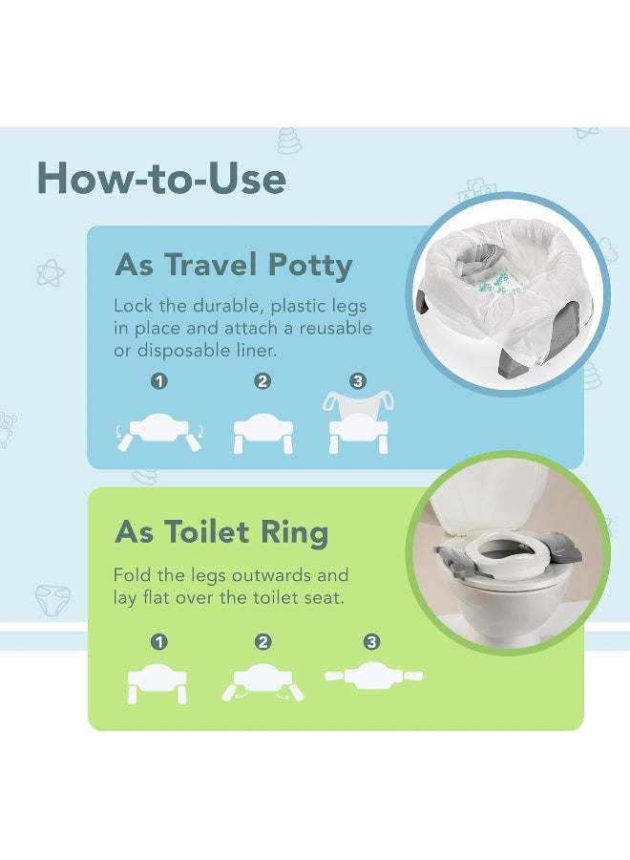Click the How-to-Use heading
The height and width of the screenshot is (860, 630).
(161, 179)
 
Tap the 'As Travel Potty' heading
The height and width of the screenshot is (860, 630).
(234, 265)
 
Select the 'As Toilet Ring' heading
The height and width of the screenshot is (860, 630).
(221, 531)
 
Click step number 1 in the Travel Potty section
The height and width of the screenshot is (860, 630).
(159, 381)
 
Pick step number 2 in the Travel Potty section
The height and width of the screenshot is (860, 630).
(262, 381)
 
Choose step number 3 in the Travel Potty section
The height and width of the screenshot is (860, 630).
(358, 381)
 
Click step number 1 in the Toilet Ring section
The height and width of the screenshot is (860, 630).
(159, 643)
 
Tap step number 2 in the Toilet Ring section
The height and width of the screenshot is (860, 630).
(263, 643)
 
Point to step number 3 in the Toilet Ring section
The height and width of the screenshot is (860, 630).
(363, 643)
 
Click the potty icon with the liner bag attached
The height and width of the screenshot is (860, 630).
(358, 420)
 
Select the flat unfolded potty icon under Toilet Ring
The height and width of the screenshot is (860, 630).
(373, 677)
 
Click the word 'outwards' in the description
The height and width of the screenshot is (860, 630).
(304, 576)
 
